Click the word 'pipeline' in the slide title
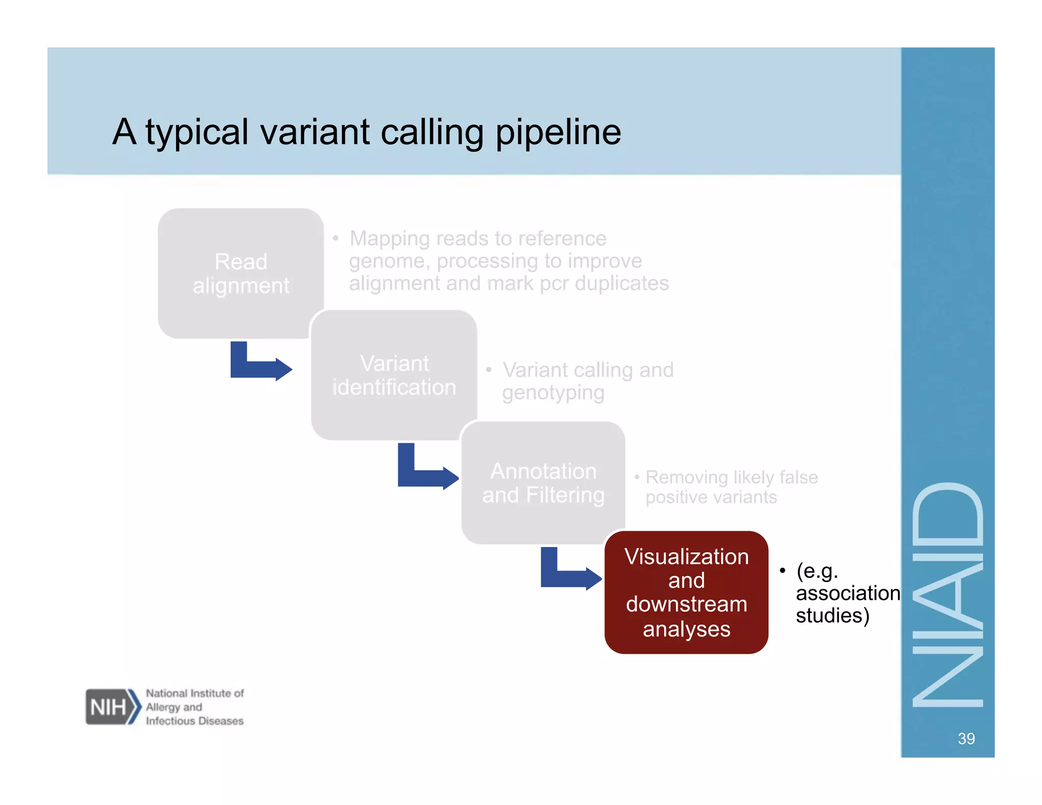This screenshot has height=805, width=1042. [558, 132]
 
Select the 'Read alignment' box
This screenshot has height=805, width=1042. [240, 273]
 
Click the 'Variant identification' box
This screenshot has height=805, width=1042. [394, 375]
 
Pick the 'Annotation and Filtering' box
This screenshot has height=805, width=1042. [543, 482]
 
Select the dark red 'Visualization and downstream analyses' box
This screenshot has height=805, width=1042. [686, 592]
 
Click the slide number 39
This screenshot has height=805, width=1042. [966, 738]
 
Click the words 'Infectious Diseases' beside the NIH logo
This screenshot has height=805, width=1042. [194, 721]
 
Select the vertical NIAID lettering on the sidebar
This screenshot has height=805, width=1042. [947, 594]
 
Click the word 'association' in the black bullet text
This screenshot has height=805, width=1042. [848, 593]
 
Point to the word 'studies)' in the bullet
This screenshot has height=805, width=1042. [832, 616]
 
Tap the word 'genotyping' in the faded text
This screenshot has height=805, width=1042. [553, 393]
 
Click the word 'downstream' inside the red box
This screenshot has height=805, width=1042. [686, 605]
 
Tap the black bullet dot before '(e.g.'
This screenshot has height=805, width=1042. [783, 570]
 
